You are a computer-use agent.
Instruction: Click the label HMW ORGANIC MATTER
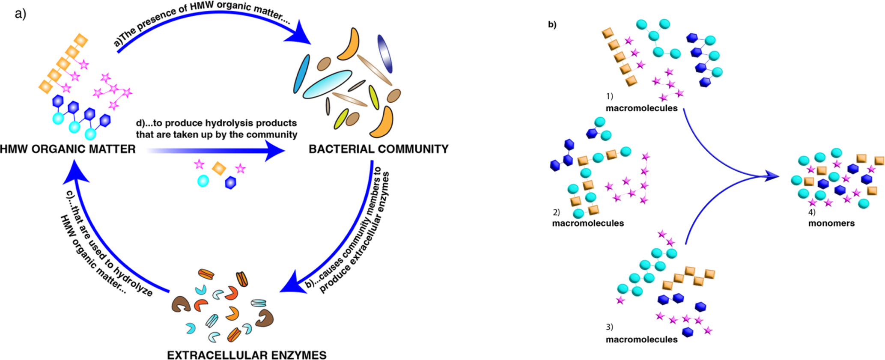[68, 149]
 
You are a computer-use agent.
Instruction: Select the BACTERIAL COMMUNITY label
[378, 149]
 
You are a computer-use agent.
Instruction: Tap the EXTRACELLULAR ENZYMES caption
[247, 355]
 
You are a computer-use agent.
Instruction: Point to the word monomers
[831, 223]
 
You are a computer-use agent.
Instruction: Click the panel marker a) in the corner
[20, 14]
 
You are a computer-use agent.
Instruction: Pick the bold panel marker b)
[552, 25]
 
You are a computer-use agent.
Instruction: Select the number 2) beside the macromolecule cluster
[556, 212]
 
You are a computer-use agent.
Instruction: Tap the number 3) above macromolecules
[609, 327]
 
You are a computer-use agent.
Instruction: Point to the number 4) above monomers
[812, 212]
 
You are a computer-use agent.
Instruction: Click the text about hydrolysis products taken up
[216, 129]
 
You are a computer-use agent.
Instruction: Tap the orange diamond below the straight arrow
[219, 168]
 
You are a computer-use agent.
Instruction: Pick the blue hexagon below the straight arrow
[230, 183]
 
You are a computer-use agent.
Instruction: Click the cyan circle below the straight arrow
[203, 181]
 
